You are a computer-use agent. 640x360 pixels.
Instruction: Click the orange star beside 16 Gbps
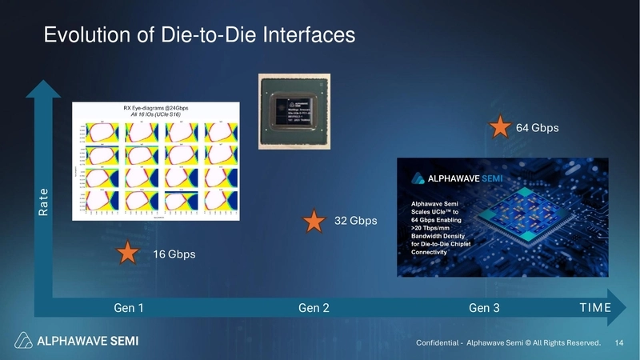[x=127, y=254]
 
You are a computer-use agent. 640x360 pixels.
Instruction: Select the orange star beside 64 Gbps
[x=500, y=127]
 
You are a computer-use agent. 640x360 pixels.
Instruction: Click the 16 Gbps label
[x=174, y=254]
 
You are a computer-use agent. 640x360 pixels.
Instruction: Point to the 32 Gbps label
[x=355, y=221]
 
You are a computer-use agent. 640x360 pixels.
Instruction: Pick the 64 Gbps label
[x=537, y=128]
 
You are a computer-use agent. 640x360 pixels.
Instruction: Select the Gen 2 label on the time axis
[x=314, y=308]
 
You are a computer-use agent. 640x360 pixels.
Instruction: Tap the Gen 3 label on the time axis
[x=484, y=308]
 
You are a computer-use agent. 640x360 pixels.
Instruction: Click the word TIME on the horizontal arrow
[x=595, y=308]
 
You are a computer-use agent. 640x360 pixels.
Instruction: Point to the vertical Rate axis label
[x=44, y=202]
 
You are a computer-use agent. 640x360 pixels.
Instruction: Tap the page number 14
[x=618, y=343]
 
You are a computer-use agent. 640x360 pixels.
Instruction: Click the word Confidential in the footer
[x=437, y=343]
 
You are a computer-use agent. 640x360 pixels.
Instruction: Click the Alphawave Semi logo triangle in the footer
[x=25, y=340]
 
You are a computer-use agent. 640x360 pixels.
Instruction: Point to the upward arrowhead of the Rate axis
[x=43, y=86]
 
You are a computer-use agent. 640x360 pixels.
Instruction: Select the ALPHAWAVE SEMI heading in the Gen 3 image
[x=459, y=178]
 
